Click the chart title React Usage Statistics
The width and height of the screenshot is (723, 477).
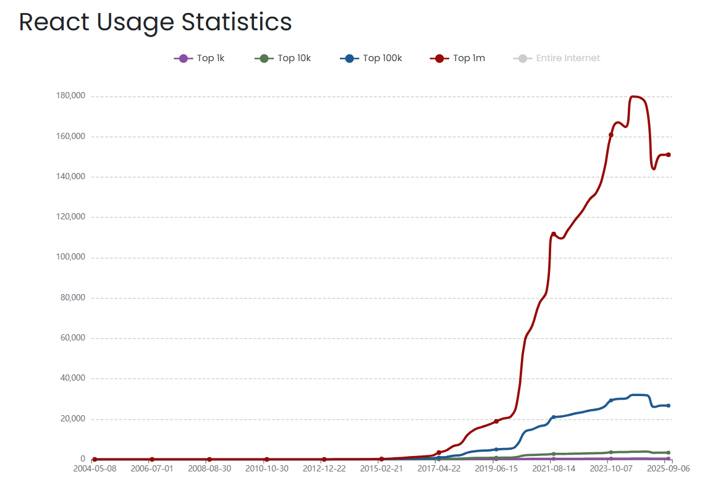(155, 22)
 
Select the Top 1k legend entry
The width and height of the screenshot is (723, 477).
(199, 58)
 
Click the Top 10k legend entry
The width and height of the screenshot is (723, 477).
(283, 58)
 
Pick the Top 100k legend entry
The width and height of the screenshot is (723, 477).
(371, 58)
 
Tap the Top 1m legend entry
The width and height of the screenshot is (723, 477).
(457, 58)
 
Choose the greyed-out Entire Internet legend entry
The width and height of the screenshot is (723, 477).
(557, 58)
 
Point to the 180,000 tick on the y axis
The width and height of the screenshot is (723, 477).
(70, 96)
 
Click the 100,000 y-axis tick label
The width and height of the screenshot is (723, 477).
(70, 258)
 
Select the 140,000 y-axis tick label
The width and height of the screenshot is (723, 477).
(70, 177)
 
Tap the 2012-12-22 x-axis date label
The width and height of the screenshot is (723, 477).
(324, 469)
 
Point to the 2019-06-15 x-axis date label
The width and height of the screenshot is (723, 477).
(496, 469)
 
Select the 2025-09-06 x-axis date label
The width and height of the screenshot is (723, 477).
(667, 469)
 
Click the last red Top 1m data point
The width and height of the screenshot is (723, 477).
(669, 154)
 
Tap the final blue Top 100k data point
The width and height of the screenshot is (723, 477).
(669, 405)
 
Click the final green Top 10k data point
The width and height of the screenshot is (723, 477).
(669, 453)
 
